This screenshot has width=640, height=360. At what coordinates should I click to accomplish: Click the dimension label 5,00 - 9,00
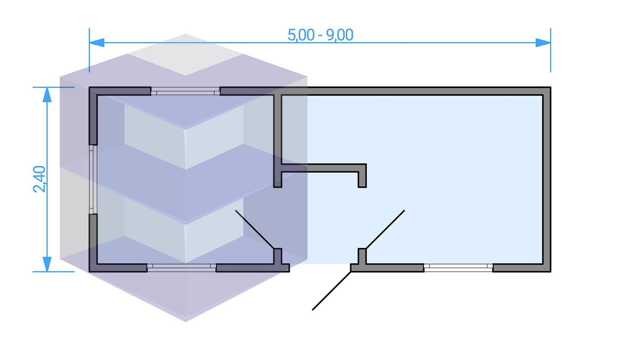point(320,35)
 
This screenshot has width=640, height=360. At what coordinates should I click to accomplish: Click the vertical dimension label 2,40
point(39,179)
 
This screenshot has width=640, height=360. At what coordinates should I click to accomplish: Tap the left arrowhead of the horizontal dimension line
point(97,43)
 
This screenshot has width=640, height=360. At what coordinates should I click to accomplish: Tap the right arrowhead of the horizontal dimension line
point(543,43)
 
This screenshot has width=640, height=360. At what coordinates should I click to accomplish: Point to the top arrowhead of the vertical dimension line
point(47,95)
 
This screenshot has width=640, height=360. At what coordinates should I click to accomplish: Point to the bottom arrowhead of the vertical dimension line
point(47,264)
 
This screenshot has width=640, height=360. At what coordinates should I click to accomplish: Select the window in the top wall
point(185,91)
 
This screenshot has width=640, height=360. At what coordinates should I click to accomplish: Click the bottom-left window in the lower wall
point(181,267)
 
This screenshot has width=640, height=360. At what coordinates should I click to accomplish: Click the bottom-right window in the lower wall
point(458,267)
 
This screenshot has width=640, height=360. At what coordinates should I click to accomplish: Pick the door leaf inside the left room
point(254,229)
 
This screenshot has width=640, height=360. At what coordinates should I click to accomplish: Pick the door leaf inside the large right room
point(385,229)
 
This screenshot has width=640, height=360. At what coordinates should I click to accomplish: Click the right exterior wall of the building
point(547,179)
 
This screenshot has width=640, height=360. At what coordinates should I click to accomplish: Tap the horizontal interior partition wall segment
point(320,168)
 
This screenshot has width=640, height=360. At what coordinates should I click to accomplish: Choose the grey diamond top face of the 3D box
point(186,55)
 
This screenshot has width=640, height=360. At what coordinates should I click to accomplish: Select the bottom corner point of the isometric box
point(186,321)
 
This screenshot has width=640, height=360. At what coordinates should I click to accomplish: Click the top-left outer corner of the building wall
point(90,88)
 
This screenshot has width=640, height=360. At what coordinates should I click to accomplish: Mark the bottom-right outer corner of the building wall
point(550,271)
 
